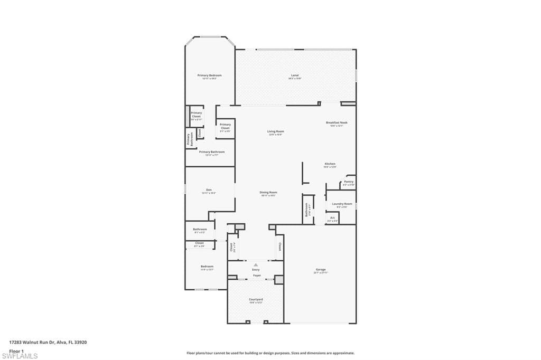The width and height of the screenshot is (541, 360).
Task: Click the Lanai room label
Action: pos(295,75)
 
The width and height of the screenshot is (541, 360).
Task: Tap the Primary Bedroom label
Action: pos(209,75)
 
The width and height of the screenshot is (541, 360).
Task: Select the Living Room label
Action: pos(275,131)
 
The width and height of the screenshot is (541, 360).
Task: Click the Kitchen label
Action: pos(330,164)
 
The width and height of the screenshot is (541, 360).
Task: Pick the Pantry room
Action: pos(348,182)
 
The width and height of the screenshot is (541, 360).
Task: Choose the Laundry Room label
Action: pos(342,204)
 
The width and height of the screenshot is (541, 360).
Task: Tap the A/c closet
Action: pos(332,218)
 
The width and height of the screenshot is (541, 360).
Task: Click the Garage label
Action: pos(320,270)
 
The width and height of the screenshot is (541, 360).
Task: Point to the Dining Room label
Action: pos(268,193)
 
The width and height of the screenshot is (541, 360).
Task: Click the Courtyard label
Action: pos(256,300)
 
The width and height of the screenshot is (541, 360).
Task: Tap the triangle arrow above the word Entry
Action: pos(256,264)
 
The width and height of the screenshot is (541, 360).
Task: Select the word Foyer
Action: pos(256,276)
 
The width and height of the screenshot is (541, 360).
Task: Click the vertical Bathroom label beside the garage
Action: pos(306,210)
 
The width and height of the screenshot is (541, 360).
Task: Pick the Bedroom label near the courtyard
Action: pos(207,267)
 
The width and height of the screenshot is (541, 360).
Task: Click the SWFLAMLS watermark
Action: pos(20,356)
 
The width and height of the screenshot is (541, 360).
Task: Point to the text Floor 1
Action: pos(16,350)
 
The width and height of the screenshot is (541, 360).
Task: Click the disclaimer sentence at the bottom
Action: pos(270,353)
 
